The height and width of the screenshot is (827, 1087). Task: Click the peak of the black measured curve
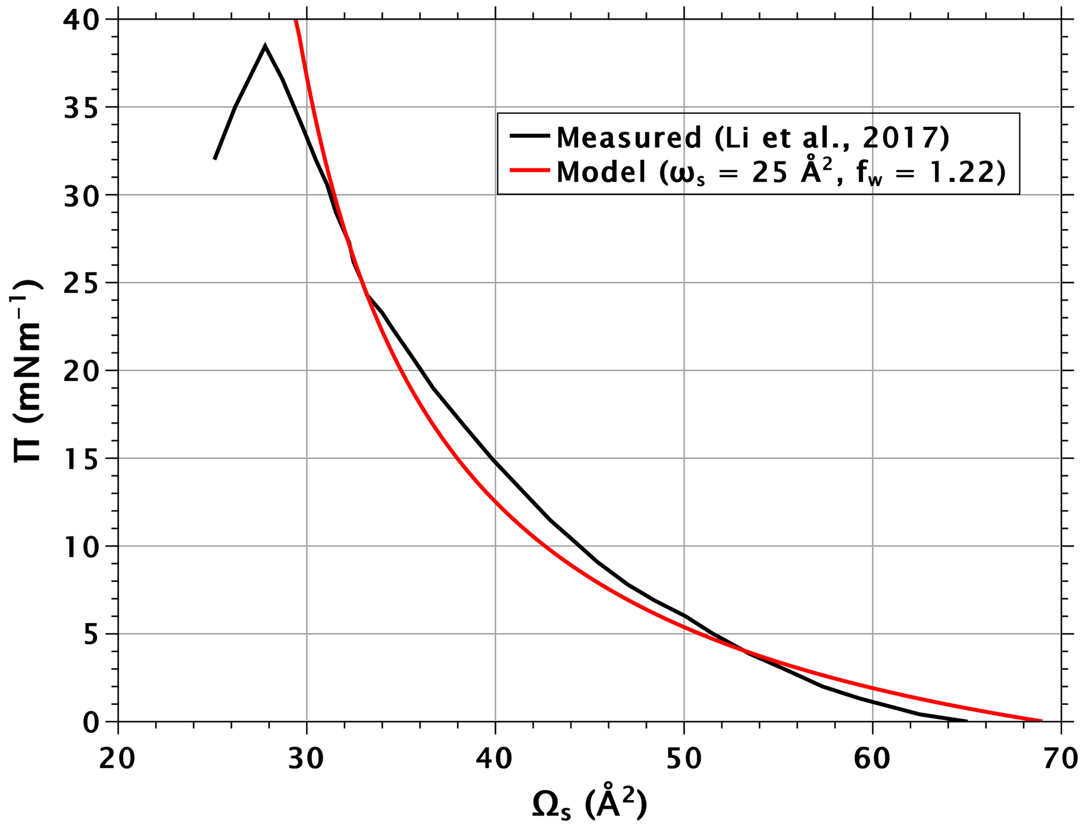265,46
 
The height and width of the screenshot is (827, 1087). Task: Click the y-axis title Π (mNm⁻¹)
27,371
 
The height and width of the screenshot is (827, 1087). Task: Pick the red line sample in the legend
530,170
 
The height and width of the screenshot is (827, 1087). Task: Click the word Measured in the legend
629,137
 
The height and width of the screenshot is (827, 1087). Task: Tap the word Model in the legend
601,172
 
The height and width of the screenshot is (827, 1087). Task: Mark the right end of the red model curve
1041,720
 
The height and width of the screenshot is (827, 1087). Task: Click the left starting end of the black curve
215,159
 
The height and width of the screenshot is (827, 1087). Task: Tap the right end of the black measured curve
967,720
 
